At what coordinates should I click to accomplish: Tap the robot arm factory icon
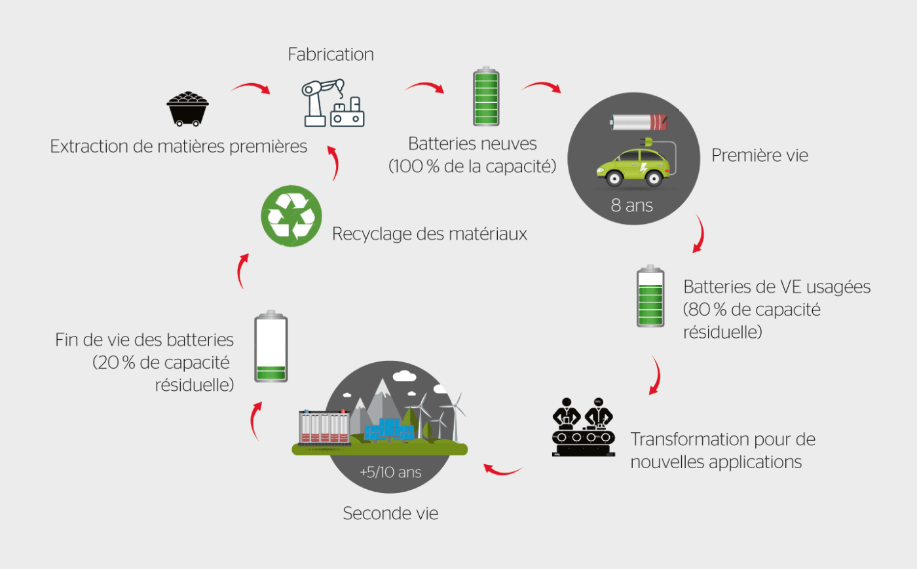[x=333, y=103]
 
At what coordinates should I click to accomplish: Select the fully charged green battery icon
[x=486, y=96]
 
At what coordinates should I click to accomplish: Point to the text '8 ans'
[x=631, y=206]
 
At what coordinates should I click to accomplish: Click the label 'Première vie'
[x=759, y=155]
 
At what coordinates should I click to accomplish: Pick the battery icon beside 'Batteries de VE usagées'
[x=650, y=296]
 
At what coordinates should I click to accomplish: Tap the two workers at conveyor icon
[x=583, y=426]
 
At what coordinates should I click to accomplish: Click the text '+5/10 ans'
[x=390, y=472]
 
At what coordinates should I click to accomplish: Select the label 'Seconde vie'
[x=390, y=513]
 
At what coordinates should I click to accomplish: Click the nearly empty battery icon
[x=271, y=346]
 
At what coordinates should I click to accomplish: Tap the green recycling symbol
[x=291, y=216]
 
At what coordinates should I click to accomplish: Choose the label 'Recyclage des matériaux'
[x=429, y=234]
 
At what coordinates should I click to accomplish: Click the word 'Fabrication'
[x=331, y=54]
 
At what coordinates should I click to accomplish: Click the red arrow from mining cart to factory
[x=251, y=88]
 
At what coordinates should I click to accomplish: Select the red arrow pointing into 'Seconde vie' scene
[x=502, y=469]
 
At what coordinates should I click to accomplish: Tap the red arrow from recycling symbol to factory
[x=334, y=163]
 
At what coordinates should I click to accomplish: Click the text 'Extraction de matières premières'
[x=178, y=146]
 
